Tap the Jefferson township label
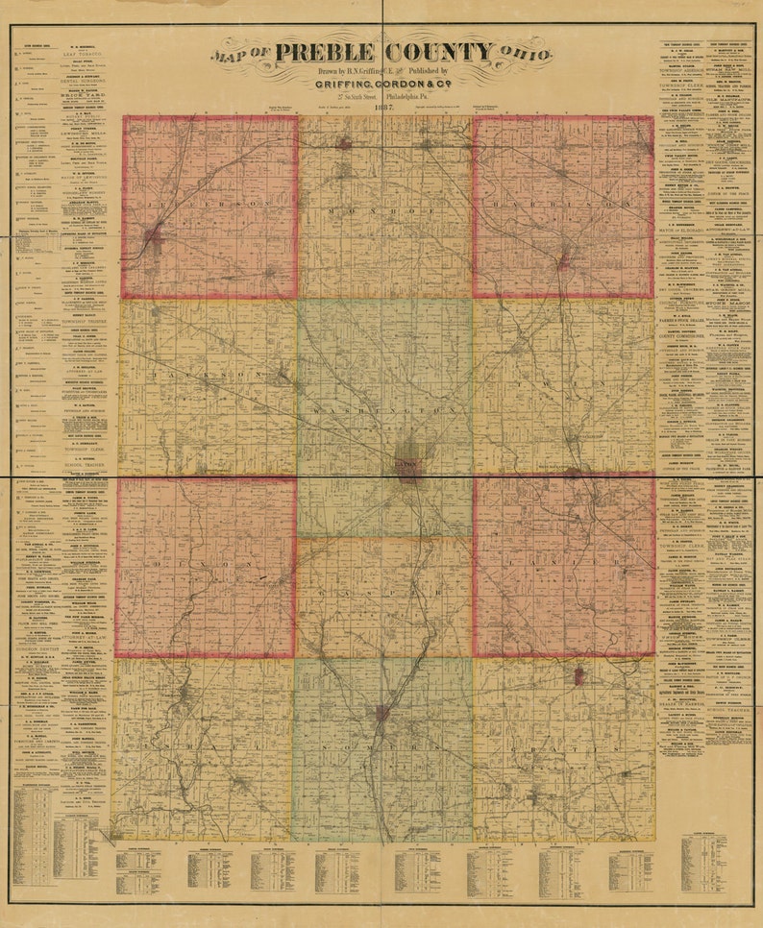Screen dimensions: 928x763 click(210, 205)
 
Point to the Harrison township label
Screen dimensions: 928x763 click(564, 206)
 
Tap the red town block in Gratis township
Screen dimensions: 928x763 click(578, 676)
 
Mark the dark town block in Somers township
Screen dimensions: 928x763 click(382, 713)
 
